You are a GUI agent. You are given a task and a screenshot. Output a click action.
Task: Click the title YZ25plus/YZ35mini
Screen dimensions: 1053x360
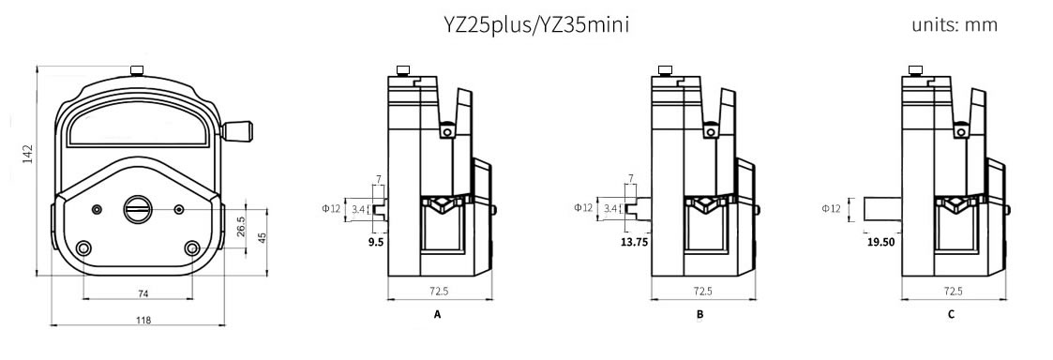pyautogui.click(x=536, y=25)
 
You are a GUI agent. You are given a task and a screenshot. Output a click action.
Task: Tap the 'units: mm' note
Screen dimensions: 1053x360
pyautogui.click(x=955, y=25)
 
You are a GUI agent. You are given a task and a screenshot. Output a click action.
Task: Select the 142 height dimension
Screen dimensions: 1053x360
pyautogui.click(x=27, y=155)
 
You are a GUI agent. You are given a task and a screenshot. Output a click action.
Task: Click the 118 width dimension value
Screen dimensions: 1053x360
pyautogui.click(x=143, y=320)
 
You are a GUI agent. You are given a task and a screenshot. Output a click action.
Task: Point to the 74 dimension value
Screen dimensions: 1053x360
pyautogui.click(x=143, y=292)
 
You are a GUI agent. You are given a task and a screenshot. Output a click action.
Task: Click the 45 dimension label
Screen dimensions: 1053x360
pyautogui.click(x=263, y=238)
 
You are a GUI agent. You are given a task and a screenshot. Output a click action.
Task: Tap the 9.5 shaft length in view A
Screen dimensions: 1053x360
pyautogui.click(x=375, y=243)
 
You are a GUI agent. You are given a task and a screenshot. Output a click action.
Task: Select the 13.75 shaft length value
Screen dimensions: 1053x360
pyautogui.click(x=634, y=243)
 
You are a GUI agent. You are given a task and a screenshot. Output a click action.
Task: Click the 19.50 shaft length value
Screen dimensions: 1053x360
pyautogui.click(x=880, y=243)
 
